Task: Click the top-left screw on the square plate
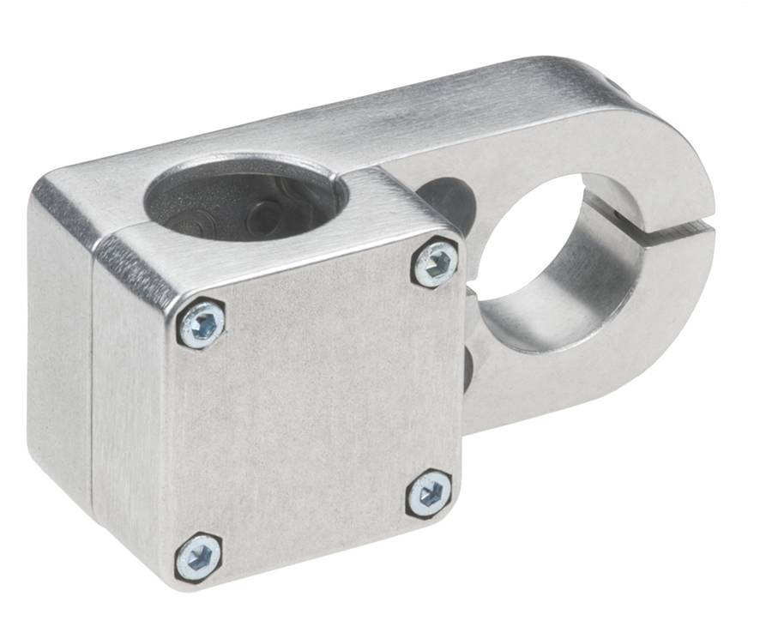pyautogui.click(x=202, y=324)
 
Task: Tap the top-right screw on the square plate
pyautogui.click(x=435, y=263)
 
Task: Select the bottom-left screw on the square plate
pyautogui.click(x=199, y=557)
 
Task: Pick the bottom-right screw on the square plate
pyautogui.click(x=429, y=493)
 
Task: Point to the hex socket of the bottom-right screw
pyautogui.click(x=429, y=494)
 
